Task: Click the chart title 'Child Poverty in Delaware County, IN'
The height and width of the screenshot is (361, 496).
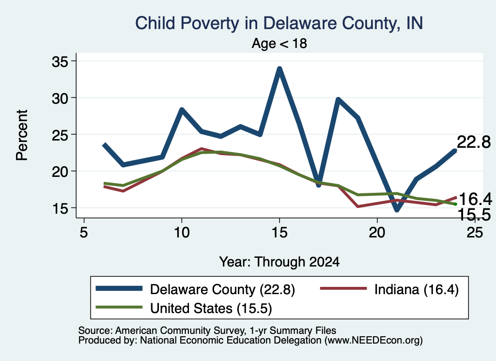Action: tap(279, 23)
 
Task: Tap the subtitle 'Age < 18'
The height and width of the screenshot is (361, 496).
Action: tap(279, 43)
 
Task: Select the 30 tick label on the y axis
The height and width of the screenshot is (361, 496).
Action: tap(60, 98)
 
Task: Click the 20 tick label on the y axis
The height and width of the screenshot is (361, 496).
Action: tap(60, 172)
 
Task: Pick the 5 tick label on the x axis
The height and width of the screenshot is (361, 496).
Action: tap(83, 233)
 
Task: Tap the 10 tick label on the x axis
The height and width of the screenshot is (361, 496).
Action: tap(182, 233)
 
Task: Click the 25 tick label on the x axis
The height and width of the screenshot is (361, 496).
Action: tap(475, 233)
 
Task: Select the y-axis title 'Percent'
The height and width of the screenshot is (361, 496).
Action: tap(22, 135)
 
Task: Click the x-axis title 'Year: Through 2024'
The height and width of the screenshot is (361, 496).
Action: tap(279, 262)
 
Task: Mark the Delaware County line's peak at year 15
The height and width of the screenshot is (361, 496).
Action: tap(279, 68)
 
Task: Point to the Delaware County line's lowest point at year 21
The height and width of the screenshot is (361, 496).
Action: tap(397, 210)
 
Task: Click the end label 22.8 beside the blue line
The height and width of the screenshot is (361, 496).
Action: tap(474, 142)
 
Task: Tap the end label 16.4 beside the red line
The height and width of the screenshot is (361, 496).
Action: tap(476, 199)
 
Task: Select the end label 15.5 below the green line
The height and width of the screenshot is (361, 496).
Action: tap(474, 215)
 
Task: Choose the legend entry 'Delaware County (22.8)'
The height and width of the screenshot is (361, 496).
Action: tap(195, 289)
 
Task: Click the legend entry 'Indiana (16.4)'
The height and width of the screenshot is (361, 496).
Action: tap(389, 289)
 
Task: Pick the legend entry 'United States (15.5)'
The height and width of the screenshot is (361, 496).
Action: tap(184, 308)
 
